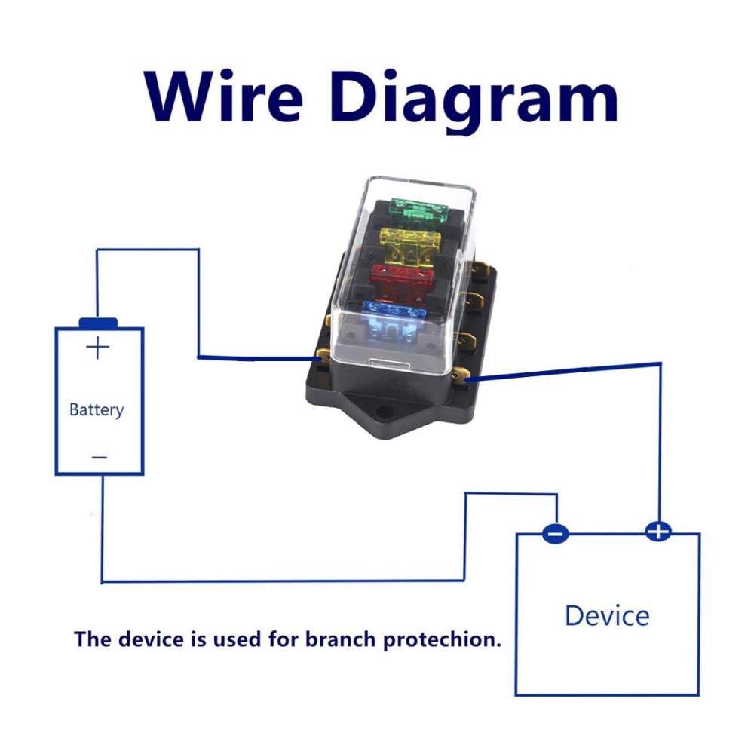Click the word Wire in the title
224,97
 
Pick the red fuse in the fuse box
402,280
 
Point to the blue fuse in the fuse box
394,318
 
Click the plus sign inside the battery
97,348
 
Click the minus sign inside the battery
99,457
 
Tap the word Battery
97,409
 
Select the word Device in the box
607,615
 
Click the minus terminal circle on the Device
556,533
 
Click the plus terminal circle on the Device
657,532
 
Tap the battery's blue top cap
99,323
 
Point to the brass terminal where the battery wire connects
323,359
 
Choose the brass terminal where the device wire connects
461,375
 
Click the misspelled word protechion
442,640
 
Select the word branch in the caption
341,639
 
